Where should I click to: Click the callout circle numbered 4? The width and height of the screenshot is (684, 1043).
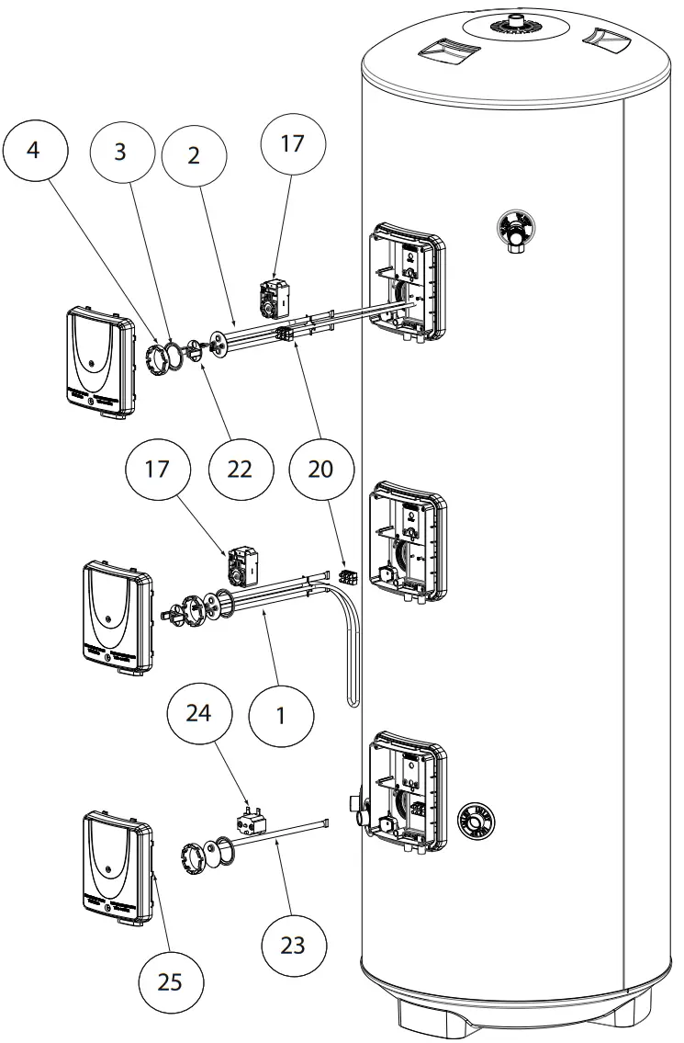click(35, 151)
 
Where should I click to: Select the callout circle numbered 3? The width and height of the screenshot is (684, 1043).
click(121, 153)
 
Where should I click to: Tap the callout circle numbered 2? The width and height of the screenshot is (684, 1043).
click(194, 156)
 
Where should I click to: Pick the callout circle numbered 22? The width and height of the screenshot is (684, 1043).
click(241, 470)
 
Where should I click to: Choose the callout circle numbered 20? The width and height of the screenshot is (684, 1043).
click(320, 470)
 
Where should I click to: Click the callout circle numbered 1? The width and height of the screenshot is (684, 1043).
click(281, 717)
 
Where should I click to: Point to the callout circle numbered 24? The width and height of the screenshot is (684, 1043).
click(198, 714)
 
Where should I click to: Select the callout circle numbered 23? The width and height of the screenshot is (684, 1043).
click(293, 946)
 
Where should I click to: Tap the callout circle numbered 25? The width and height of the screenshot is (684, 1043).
click(171, 982)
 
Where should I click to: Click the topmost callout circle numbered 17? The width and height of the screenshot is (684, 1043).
click(293, 143)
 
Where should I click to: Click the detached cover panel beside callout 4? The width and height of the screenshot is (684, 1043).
click(101, 362)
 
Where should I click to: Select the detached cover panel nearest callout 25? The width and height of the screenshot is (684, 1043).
click(118, 868)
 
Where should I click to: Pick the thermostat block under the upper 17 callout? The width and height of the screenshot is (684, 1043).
click(275, 296)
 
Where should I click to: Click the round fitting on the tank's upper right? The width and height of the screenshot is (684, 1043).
click(514, 231)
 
